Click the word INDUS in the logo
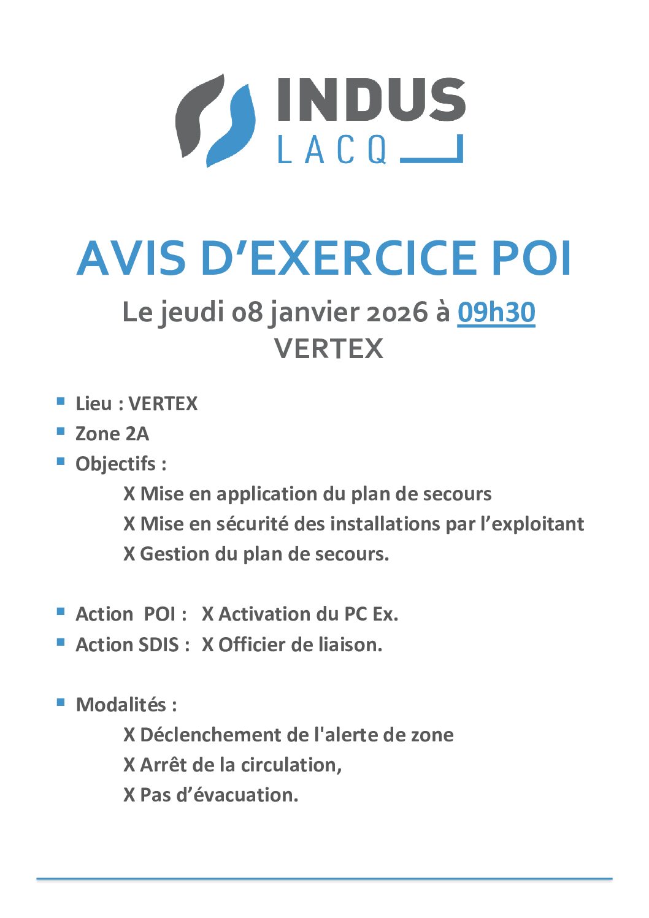click(x=371, y=100)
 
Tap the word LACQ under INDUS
click(x=332, y=150)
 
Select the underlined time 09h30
click(x=496, y=312)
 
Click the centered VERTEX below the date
click(x=329, y=348)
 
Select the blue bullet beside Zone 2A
click(x=61, y=431)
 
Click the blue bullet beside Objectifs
click(x=61, y=461)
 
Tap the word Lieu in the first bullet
click(x=93, y=404)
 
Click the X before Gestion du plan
click(x=129, y=554)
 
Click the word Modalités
click(x=121, y=705)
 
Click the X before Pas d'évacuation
click(x=129, y=795)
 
